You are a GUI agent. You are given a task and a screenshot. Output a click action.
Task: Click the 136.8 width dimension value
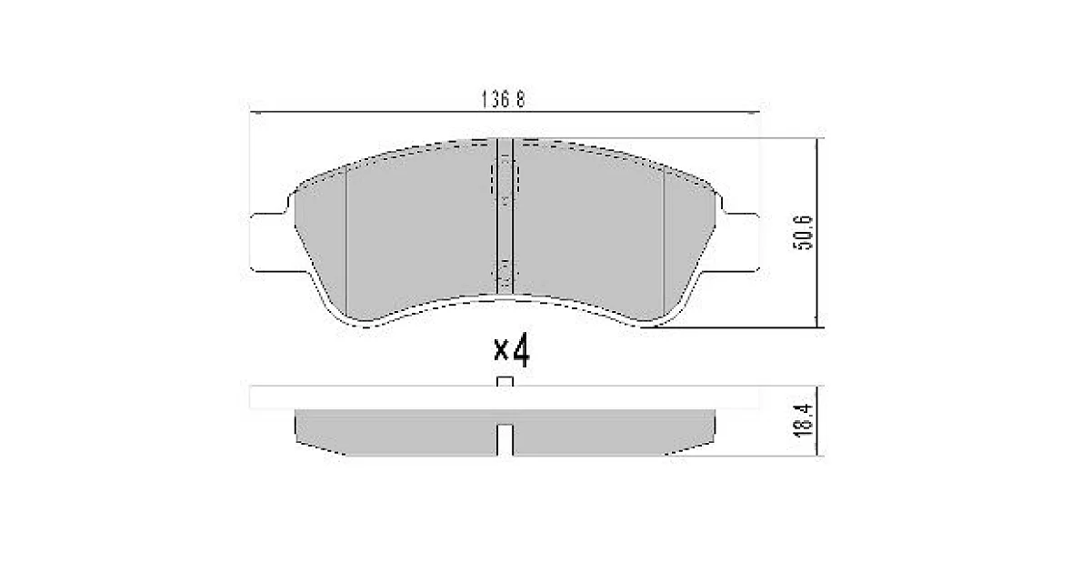click(x=503, y=99)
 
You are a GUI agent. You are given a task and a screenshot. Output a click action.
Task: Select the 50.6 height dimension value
click(x=803, y=233)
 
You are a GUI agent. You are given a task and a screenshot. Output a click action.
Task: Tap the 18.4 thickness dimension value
click(x=803, y=420)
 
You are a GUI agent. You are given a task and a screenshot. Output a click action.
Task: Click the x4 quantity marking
click(x=511, y=349)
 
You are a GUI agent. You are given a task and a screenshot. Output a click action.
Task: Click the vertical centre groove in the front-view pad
click(x=505, y=216)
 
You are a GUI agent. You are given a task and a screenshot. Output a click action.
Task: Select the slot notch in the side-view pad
click(x=505, y=440)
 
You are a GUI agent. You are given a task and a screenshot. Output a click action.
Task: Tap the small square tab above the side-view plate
click(x=505, y=381)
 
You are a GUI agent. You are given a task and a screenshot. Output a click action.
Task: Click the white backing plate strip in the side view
click(x=504, y=397)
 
